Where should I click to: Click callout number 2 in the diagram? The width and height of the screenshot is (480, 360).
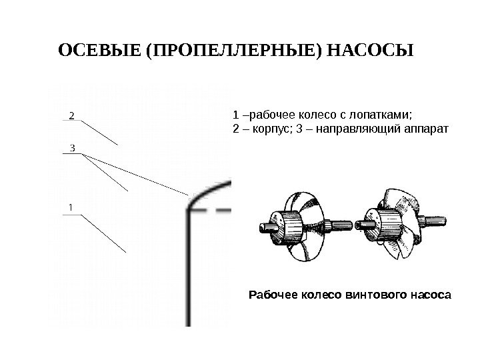click(72, 115)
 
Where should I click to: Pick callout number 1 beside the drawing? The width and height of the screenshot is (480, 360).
click(71, 208)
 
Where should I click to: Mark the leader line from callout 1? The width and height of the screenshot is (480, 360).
click(103, 232)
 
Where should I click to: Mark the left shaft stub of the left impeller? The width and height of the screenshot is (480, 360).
click(265, 229)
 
